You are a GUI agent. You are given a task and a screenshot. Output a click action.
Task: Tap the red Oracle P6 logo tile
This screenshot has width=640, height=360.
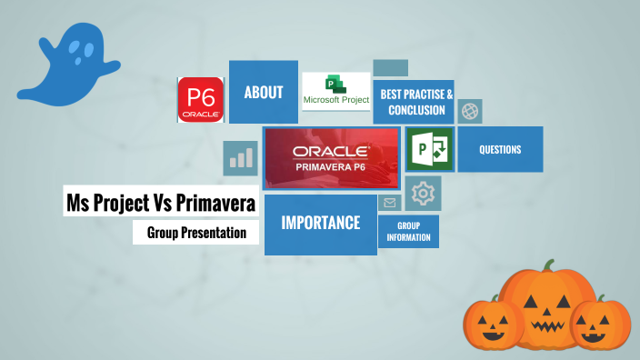click(200, 100)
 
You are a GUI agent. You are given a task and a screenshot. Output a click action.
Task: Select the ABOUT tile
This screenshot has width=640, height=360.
click(263, 92)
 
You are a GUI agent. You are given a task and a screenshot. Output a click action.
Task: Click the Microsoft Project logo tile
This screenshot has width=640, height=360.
click(335, 91)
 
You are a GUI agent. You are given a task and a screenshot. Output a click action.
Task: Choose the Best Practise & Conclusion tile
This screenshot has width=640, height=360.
click(414, 102)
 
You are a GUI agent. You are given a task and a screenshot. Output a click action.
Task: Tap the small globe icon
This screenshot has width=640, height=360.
click(469, 111)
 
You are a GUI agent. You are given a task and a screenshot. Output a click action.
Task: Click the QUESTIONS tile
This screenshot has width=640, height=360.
click(499, 149)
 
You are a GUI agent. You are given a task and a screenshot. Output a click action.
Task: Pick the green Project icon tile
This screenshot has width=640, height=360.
click(429, 149)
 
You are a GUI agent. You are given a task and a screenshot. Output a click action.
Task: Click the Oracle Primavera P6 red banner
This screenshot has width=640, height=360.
click(331, 158)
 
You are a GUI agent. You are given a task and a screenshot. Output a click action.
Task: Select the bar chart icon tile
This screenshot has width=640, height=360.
click(241, 158)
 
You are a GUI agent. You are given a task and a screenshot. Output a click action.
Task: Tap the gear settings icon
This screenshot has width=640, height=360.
click(423, 193)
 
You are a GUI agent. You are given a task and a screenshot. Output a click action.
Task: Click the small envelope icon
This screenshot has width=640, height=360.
click(390, 203)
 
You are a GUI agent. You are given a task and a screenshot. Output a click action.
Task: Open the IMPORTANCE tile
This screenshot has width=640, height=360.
click(320, 224)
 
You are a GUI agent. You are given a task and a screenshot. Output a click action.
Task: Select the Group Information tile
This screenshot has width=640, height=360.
click(408, 231)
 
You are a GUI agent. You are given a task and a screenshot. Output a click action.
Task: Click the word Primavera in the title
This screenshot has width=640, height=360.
click(215, 203)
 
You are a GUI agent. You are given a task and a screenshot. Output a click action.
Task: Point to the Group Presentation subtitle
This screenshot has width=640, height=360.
click(196, 233)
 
